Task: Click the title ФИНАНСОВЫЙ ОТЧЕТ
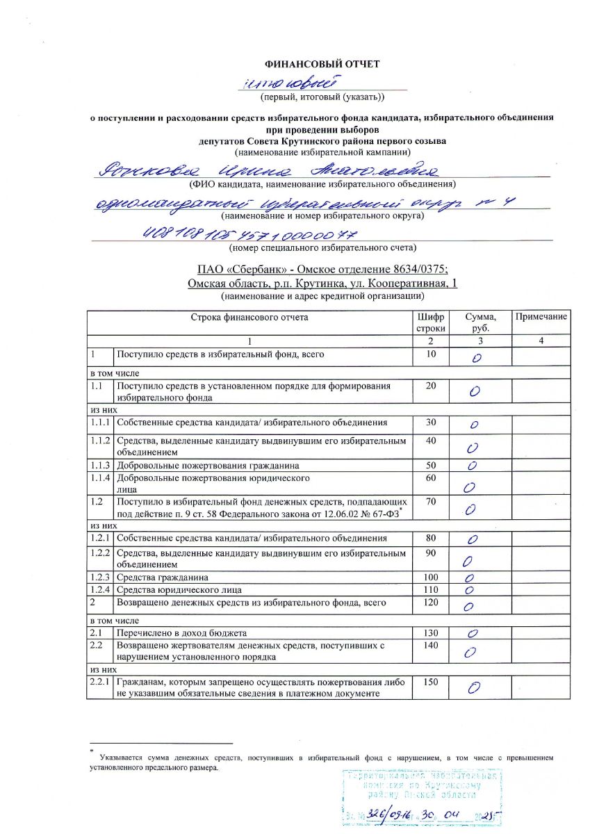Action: click(322, 65)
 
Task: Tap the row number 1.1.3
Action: click(100, 465)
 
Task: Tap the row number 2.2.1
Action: click(100, 682)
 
